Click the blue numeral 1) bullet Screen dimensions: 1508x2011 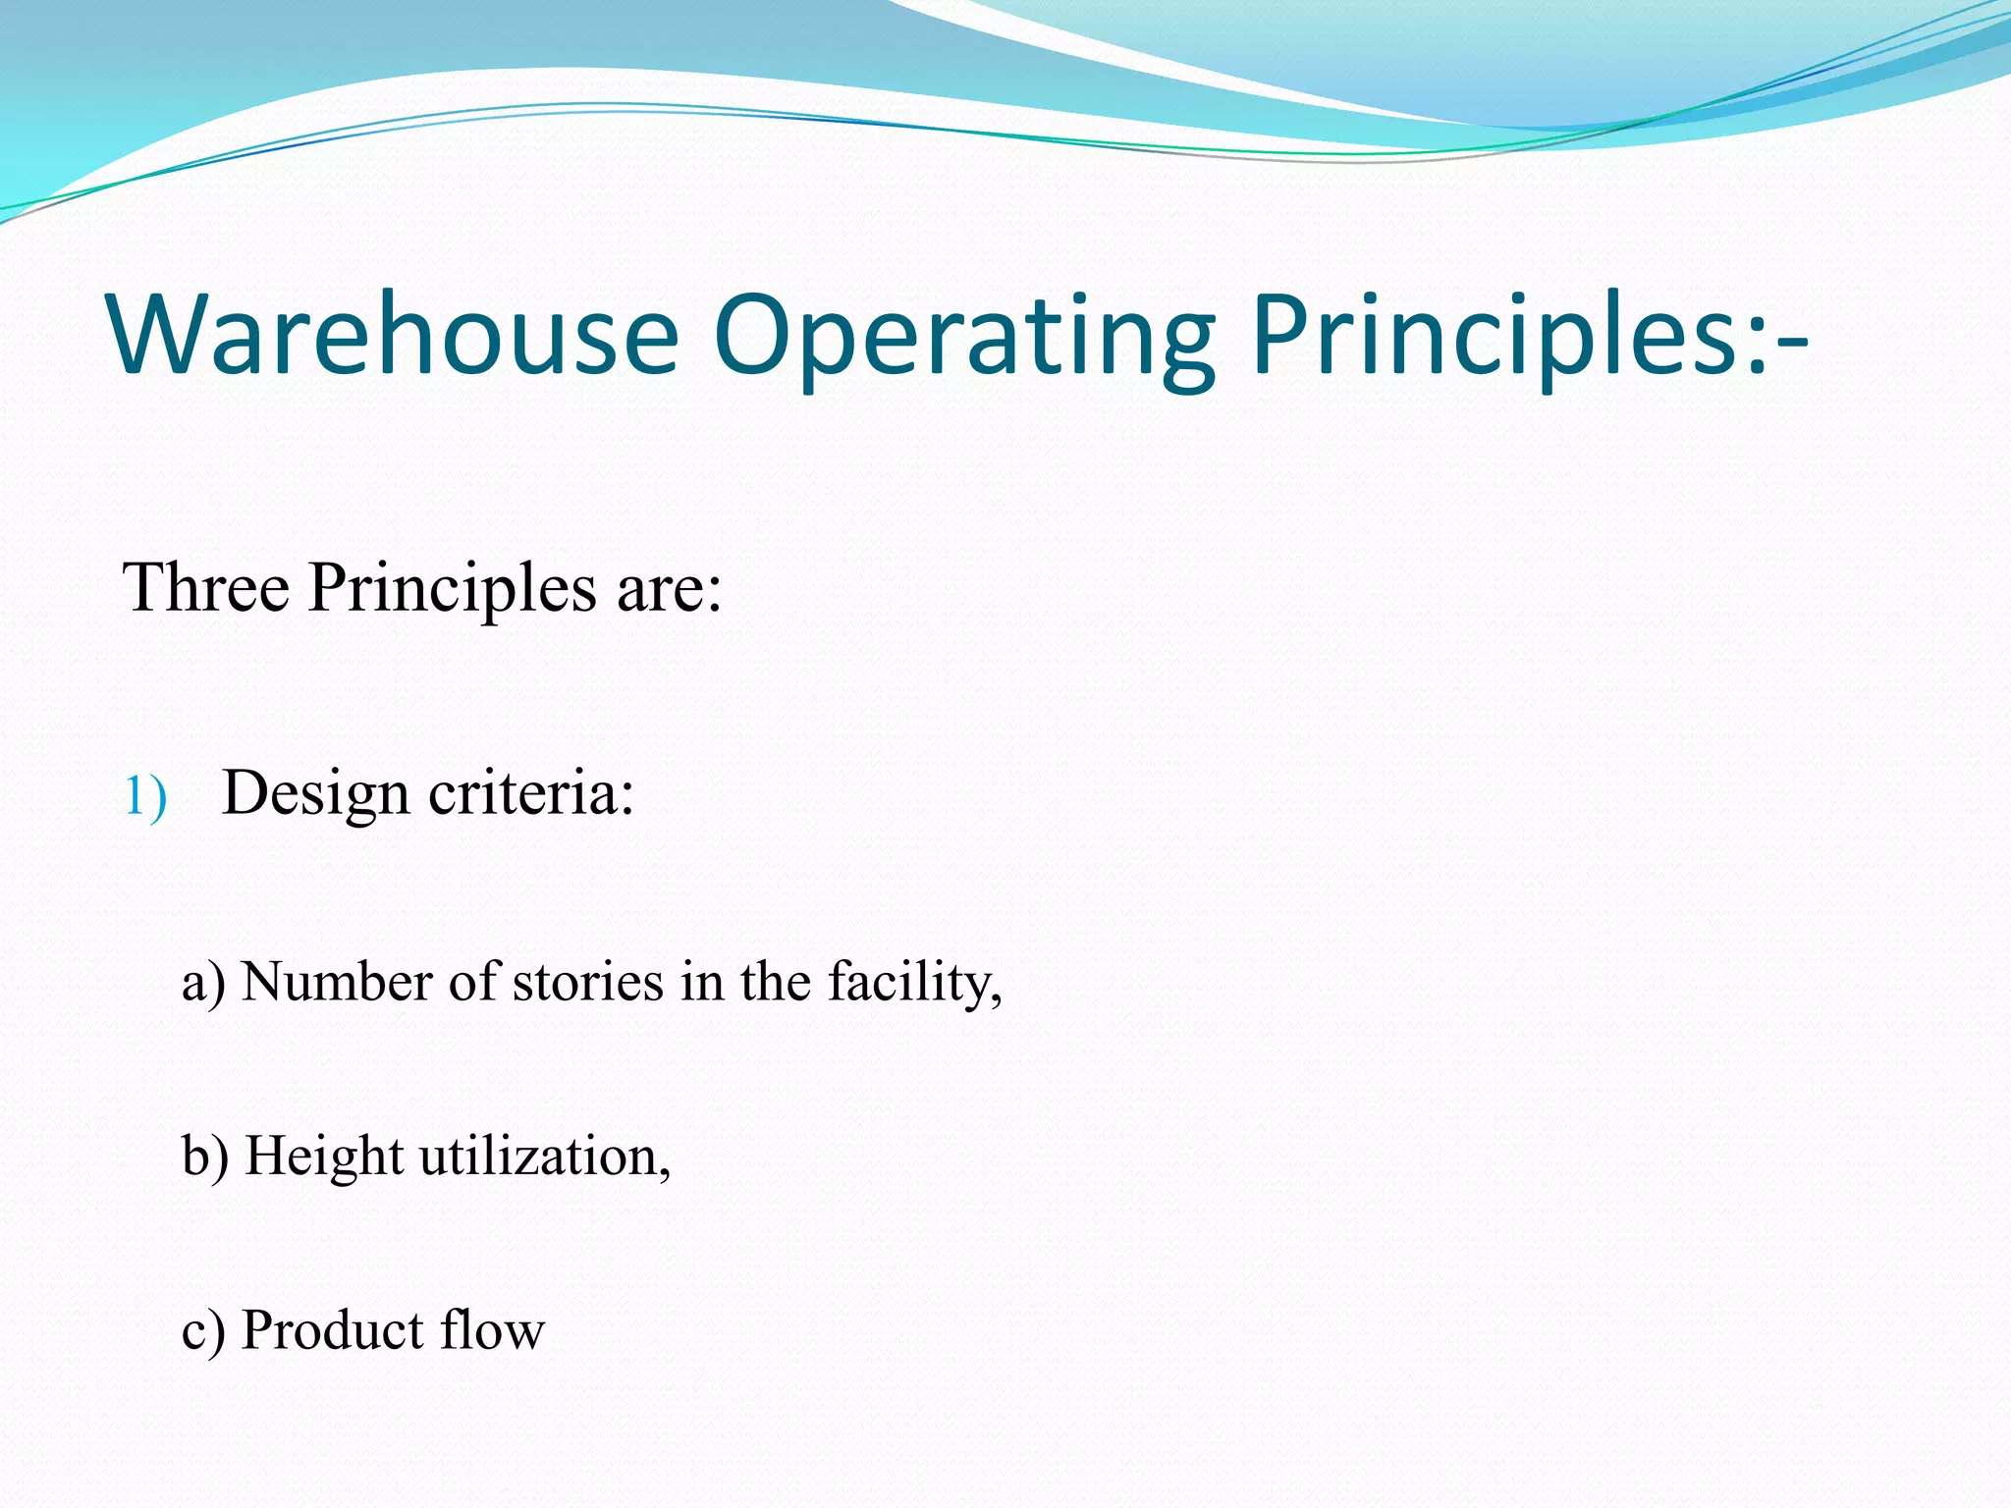pos(144,796)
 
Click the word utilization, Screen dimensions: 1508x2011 pos(546,1157)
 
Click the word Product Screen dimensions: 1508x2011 pos(332,1330)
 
